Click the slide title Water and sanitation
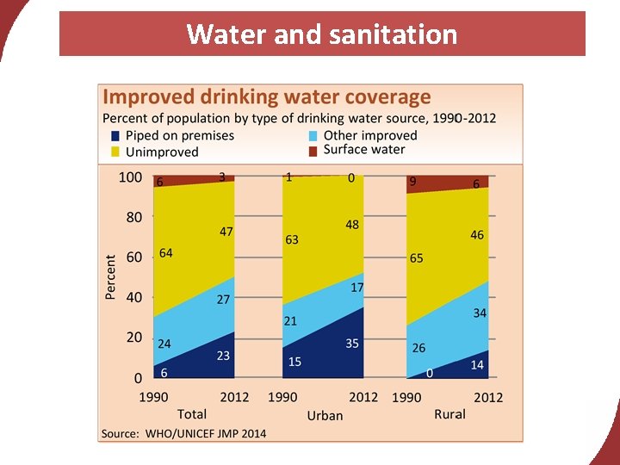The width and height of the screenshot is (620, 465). (321, 34)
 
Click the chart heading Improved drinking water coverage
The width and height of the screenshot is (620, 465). (267, 97)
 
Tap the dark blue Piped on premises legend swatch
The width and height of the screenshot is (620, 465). (116, 136)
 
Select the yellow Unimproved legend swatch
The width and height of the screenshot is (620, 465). (116, 152)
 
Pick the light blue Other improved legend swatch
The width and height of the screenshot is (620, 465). (314, 136)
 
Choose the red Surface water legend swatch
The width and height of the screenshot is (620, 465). (314, 150)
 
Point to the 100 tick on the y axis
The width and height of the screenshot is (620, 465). (130, 177)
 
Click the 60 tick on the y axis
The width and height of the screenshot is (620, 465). (133, 257)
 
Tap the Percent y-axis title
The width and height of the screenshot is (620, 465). (110, 276)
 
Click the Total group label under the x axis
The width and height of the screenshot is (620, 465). (192, 414)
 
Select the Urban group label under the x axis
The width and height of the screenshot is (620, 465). (325, 415)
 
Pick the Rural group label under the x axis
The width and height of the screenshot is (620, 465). (449, 414)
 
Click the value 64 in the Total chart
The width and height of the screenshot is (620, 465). (165, 253)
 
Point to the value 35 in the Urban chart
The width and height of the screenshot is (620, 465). (352, 344)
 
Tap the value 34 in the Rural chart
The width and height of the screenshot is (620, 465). (480, 313)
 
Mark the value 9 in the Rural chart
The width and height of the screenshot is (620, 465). (414, 182)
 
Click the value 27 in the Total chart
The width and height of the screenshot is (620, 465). (223, 300)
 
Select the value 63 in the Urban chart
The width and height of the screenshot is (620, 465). (292, 239)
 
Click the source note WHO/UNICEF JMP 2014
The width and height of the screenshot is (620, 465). (184, 433)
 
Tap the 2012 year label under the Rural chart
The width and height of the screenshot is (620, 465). (488, 397)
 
